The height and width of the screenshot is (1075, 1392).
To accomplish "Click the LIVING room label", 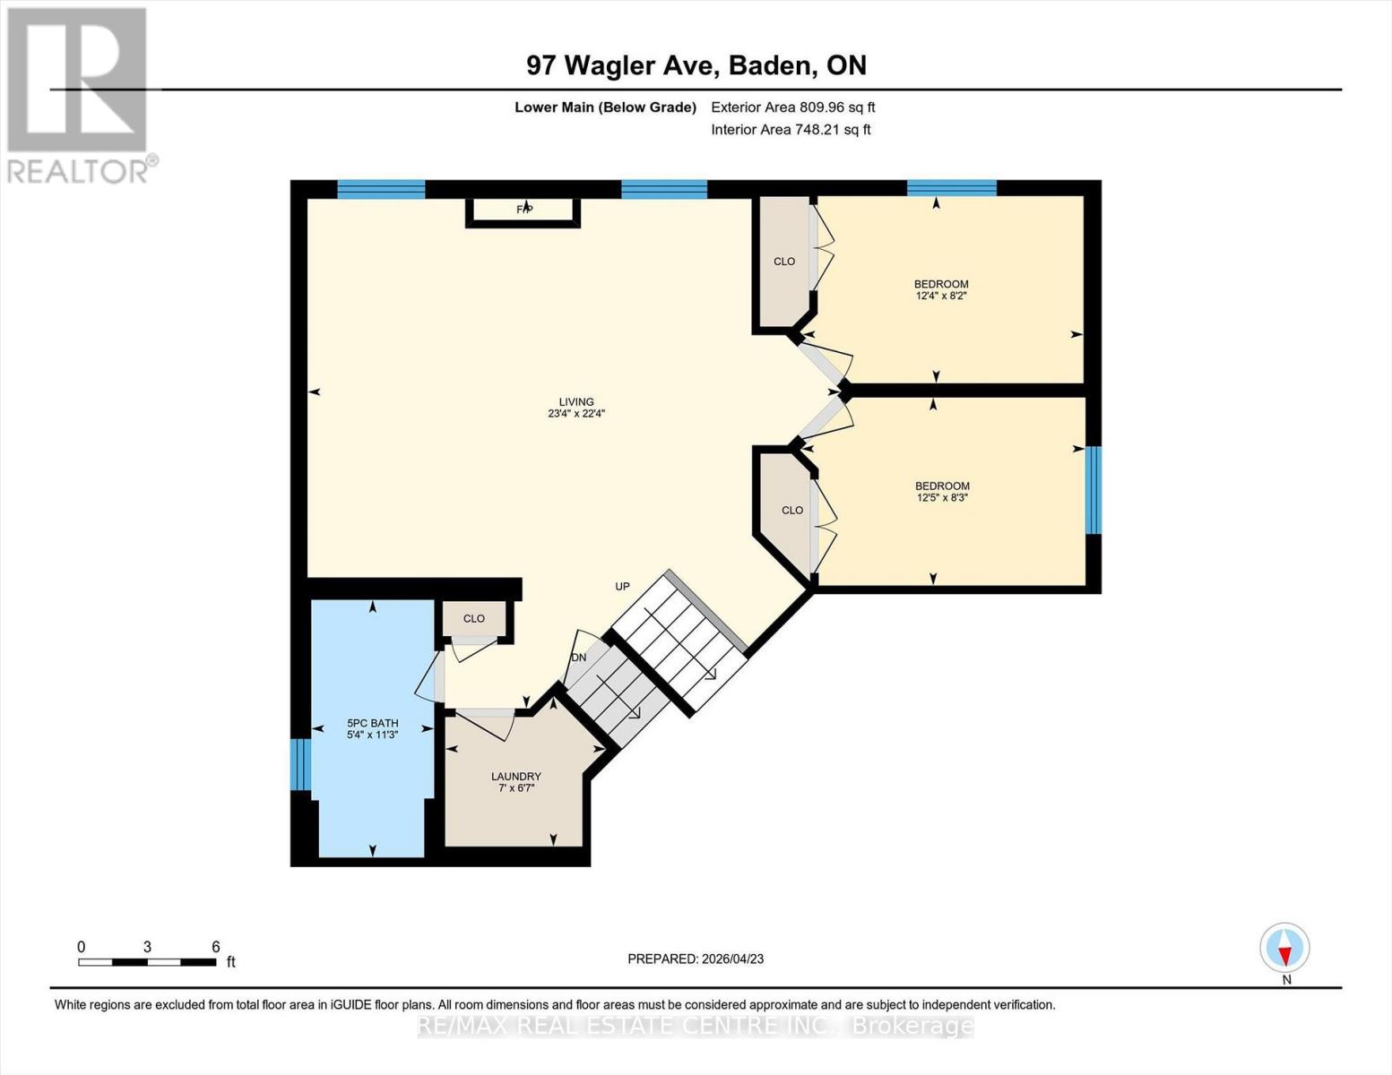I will click(x=576, y=402).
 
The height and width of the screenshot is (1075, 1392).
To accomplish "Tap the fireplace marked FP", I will click(x=524, y=210).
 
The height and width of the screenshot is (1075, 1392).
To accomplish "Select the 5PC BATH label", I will click(x=372, y=723).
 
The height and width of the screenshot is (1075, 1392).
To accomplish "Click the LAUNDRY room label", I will click(x=515, y=776).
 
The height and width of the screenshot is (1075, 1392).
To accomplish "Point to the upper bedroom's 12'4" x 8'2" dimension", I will click(x=941, y=296).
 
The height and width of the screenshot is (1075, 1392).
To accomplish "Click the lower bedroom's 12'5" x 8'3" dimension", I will click(x=942, y=498).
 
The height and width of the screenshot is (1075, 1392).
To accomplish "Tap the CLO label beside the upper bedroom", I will click(x=784, y=262).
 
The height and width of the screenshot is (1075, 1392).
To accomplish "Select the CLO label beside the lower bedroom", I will click(x=792, y=511).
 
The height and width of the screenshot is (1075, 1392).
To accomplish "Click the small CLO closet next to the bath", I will click(x=474, y=618).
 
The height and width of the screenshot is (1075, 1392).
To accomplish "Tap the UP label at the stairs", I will click(x=622, y=587).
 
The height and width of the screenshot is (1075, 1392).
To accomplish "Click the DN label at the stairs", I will click(x=579, y=658).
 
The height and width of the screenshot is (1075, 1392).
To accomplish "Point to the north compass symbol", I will click(x=1284, y=948).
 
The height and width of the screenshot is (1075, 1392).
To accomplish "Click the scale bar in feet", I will click(x=147, y=962).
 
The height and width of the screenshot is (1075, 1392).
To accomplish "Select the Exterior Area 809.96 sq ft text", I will click(x=792, y=107).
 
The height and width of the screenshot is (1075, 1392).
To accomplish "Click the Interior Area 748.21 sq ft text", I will click(x=791, y=130).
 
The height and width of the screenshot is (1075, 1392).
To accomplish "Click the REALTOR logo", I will click(x=79, y=94).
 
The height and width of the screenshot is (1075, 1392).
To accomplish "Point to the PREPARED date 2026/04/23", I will click(x=696, y=959).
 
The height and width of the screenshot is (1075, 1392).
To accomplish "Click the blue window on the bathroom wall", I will click(x=300, y=764).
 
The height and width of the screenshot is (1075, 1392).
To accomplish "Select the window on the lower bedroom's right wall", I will click(x=1094, y=490).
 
